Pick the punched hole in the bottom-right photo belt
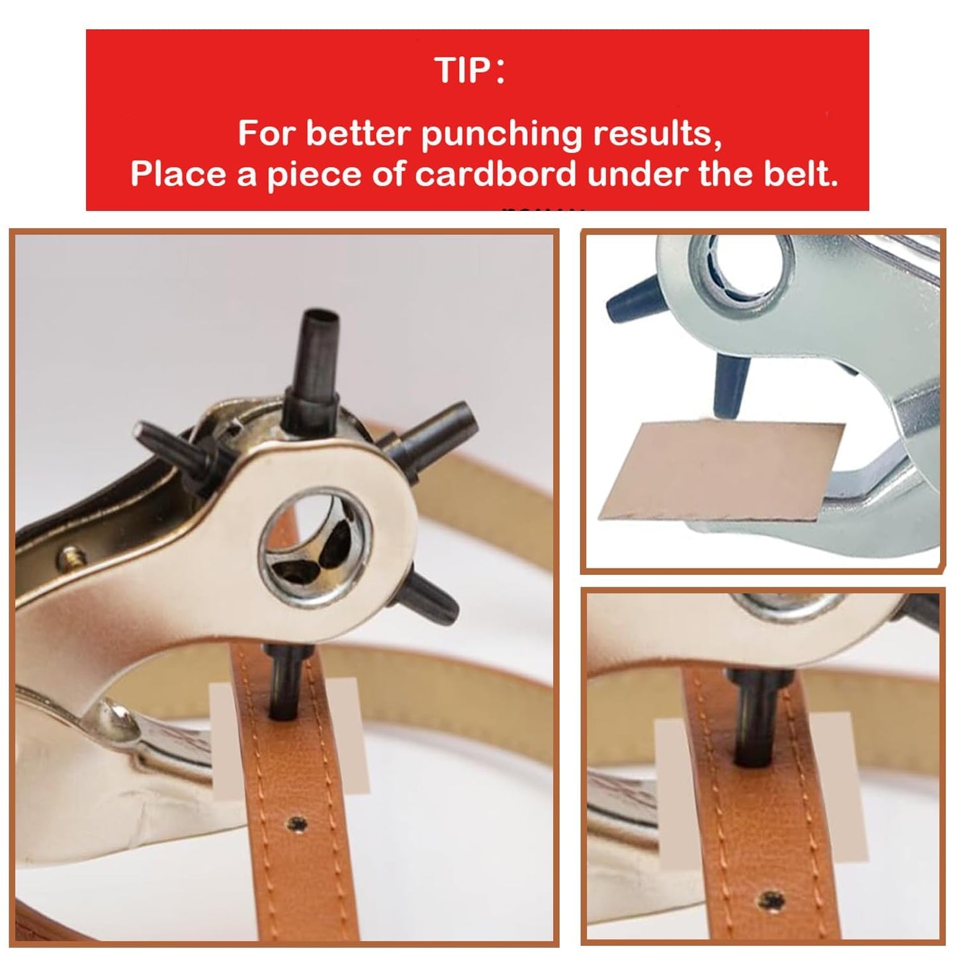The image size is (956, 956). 771,900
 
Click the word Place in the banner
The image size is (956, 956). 177,174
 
